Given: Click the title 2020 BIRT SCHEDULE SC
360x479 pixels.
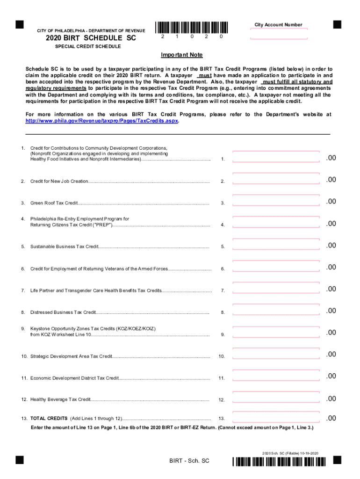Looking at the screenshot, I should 91,38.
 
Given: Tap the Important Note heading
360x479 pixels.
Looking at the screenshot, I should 182,55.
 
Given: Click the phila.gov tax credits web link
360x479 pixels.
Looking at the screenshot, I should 101,120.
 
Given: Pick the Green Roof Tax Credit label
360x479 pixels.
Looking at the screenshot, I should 54,203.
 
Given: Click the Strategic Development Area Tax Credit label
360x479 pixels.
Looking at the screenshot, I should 71,356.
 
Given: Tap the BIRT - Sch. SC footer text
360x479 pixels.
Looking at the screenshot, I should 189,461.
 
